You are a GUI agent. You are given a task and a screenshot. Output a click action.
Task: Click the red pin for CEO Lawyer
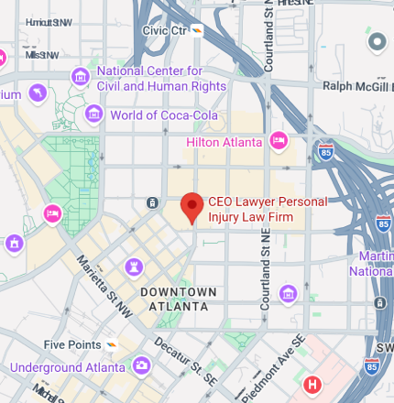(x=192, y=207)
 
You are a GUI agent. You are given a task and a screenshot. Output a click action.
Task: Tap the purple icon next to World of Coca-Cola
(x=93, y=114)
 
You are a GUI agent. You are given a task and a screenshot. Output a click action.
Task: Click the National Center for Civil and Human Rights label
(x=161, y=79)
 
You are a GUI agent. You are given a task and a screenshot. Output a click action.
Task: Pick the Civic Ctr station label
(x=165, y=29)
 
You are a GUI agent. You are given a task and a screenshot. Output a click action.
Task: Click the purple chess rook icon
(x=135, y=266)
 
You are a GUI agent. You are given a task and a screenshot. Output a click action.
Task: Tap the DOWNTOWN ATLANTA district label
(x=178, y=299)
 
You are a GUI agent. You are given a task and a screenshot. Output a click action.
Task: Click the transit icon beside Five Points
(x=112, y=345)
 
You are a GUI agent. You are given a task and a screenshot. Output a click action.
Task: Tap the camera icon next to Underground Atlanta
(x=142, y=365)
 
